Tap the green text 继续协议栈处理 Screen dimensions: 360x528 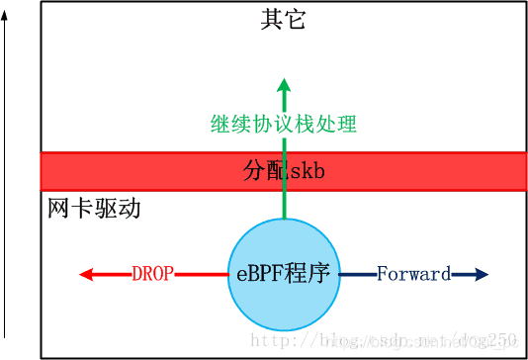click(x=284, y=125)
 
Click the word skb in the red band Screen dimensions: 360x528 click(x=306, y=171)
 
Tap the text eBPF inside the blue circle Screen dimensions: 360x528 click(x=258, y=274)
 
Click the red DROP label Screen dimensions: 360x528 click(x=152, y=274)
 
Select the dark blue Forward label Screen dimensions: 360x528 click(x=413, y=274)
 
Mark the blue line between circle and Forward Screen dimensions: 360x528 click(x=356, y=274)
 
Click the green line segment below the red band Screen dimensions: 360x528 click(x=284, y=205)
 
